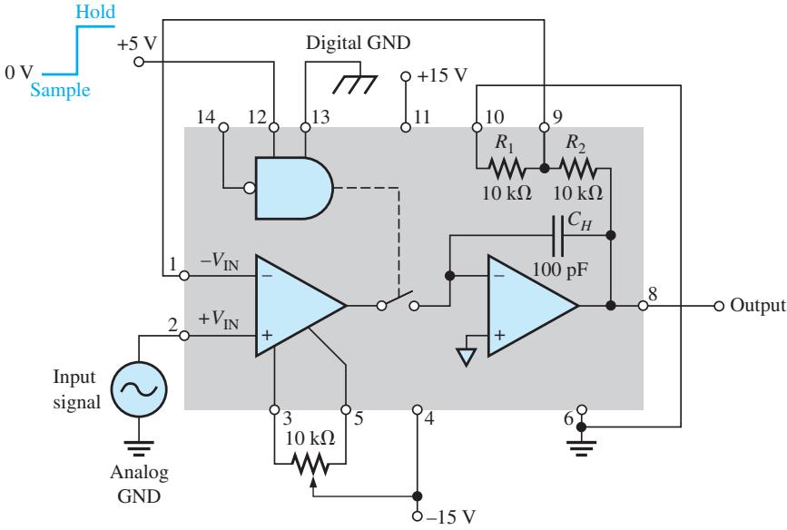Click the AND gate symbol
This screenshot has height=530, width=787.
pos(293,188)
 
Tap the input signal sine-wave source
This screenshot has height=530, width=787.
pos(139,389)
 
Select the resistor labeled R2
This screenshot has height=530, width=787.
pos(579,169)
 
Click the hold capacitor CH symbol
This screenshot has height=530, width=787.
pos(557,235)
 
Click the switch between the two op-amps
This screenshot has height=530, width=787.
pos(398,300)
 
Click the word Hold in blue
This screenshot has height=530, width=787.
pos(95,12)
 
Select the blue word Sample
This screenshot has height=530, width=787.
pos(60,91)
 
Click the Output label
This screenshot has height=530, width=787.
pos(757,305)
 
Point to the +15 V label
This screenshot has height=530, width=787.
pos(442,75)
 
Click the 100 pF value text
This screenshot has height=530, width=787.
pos(560,270)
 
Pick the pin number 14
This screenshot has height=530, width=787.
pos(206,117)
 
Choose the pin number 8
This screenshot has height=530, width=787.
pos(653,293)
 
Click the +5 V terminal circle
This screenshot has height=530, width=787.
pos(139,62)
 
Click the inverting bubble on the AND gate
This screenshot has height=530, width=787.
pos(250,189)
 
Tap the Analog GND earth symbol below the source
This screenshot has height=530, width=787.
pos(139,448)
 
